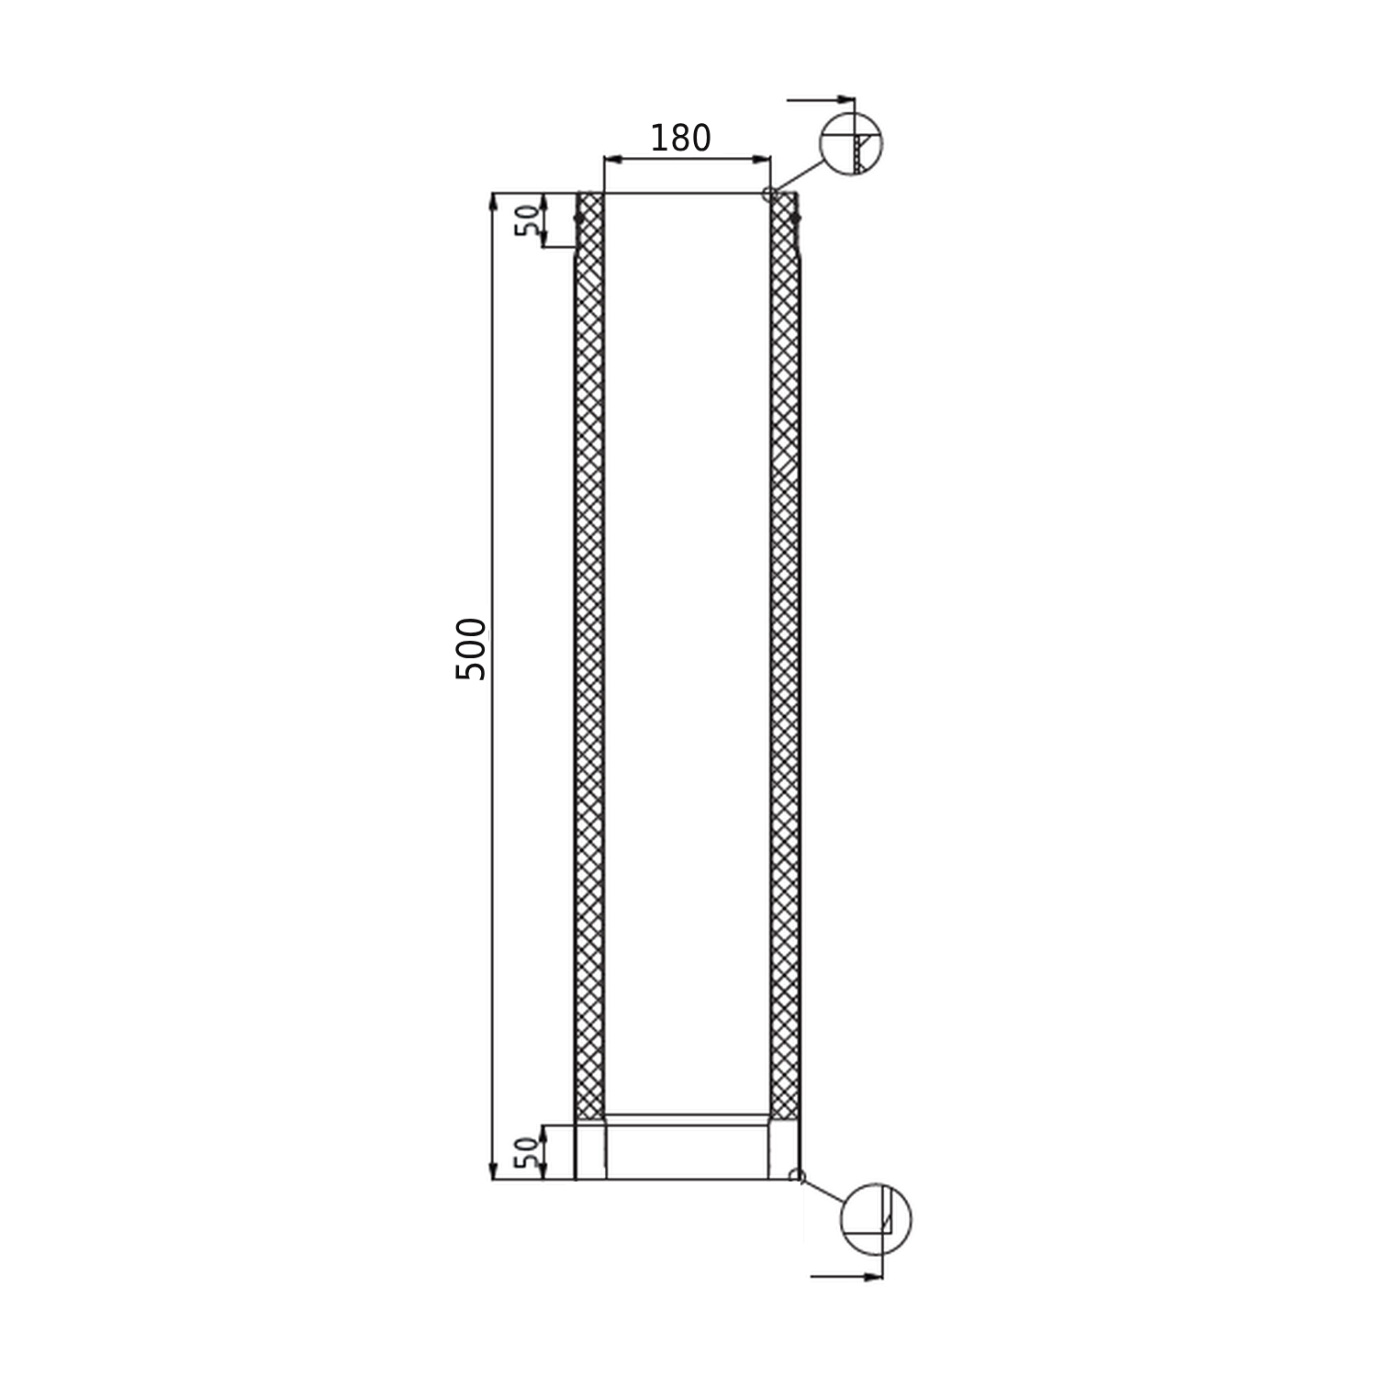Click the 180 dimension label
[680, 138]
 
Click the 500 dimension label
[471, 648]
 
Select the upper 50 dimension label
[527, 220]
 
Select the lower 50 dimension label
[527, 1152]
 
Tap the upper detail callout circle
[851, 144]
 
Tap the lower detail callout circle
[876, 1219]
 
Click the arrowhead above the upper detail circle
[845, 98]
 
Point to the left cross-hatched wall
[589, 643]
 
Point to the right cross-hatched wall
[785, 643]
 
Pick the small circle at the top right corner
[769, 194]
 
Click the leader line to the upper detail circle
[797, 175]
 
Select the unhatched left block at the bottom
[590, 1151]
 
